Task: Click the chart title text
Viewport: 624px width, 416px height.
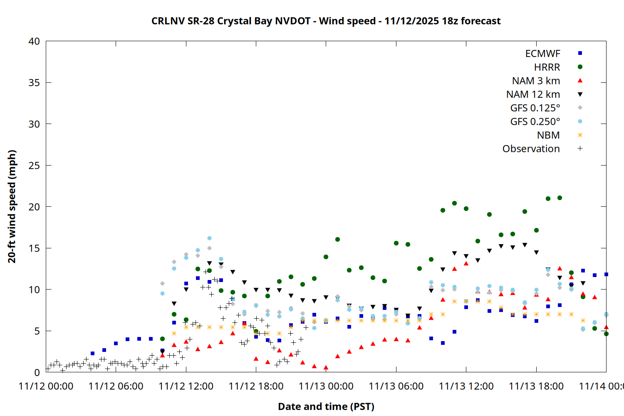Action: pos(326,21)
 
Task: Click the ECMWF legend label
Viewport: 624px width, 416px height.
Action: pos(542,54)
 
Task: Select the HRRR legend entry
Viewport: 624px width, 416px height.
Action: pos(547,67)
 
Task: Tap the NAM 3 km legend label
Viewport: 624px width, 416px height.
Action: pos(536,81)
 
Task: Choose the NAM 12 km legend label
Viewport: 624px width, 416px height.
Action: pos(533,94)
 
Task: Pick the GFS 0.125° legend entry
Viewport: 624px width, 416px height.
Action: pos(535,108)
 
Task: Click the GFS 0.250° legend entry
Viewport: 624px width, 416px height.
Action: pos(535,121)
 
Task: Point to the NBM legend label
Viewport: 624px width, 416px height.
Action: pos(548,135)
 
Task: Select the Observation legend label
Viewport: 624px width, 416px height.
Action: pos(531,149)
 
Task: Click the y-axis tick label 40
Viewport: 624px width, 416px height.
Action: pos(34,41)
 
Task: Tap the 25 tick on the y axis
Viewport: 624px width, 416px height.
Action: pos(34,166)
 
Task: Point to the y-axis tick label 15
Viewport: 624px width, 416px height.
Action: pos(34,248)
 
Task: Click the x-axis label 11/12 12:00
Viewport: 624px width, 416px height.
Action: pos(186,386)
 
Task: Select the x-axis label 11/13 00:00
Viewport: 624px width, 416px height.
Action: pos(326,386)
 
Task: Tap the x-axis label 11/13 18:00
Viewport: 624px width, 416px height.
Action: pos(536,386)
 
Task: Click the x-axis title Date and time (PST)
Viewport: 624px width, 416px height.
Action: pos(326,406)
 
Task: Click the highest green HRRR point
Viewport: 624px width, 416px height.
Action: pos(560,198)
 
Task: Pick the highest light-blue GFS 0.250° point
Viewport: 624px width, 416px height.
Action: pos(209,238)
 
